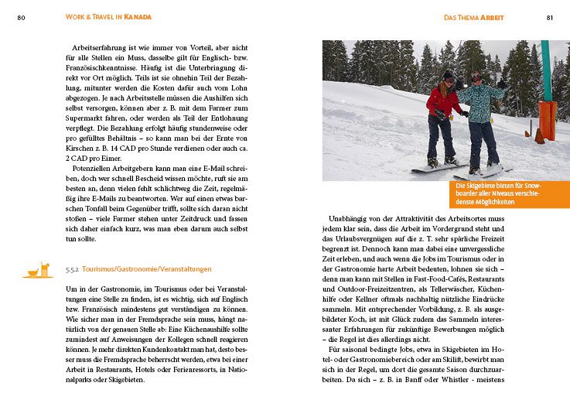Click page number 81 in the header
pos(549,16)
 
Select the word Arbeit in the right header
pos(495,16)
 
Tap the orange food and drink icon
pos(38,270)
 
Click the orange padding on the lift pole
pos(548,119)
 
